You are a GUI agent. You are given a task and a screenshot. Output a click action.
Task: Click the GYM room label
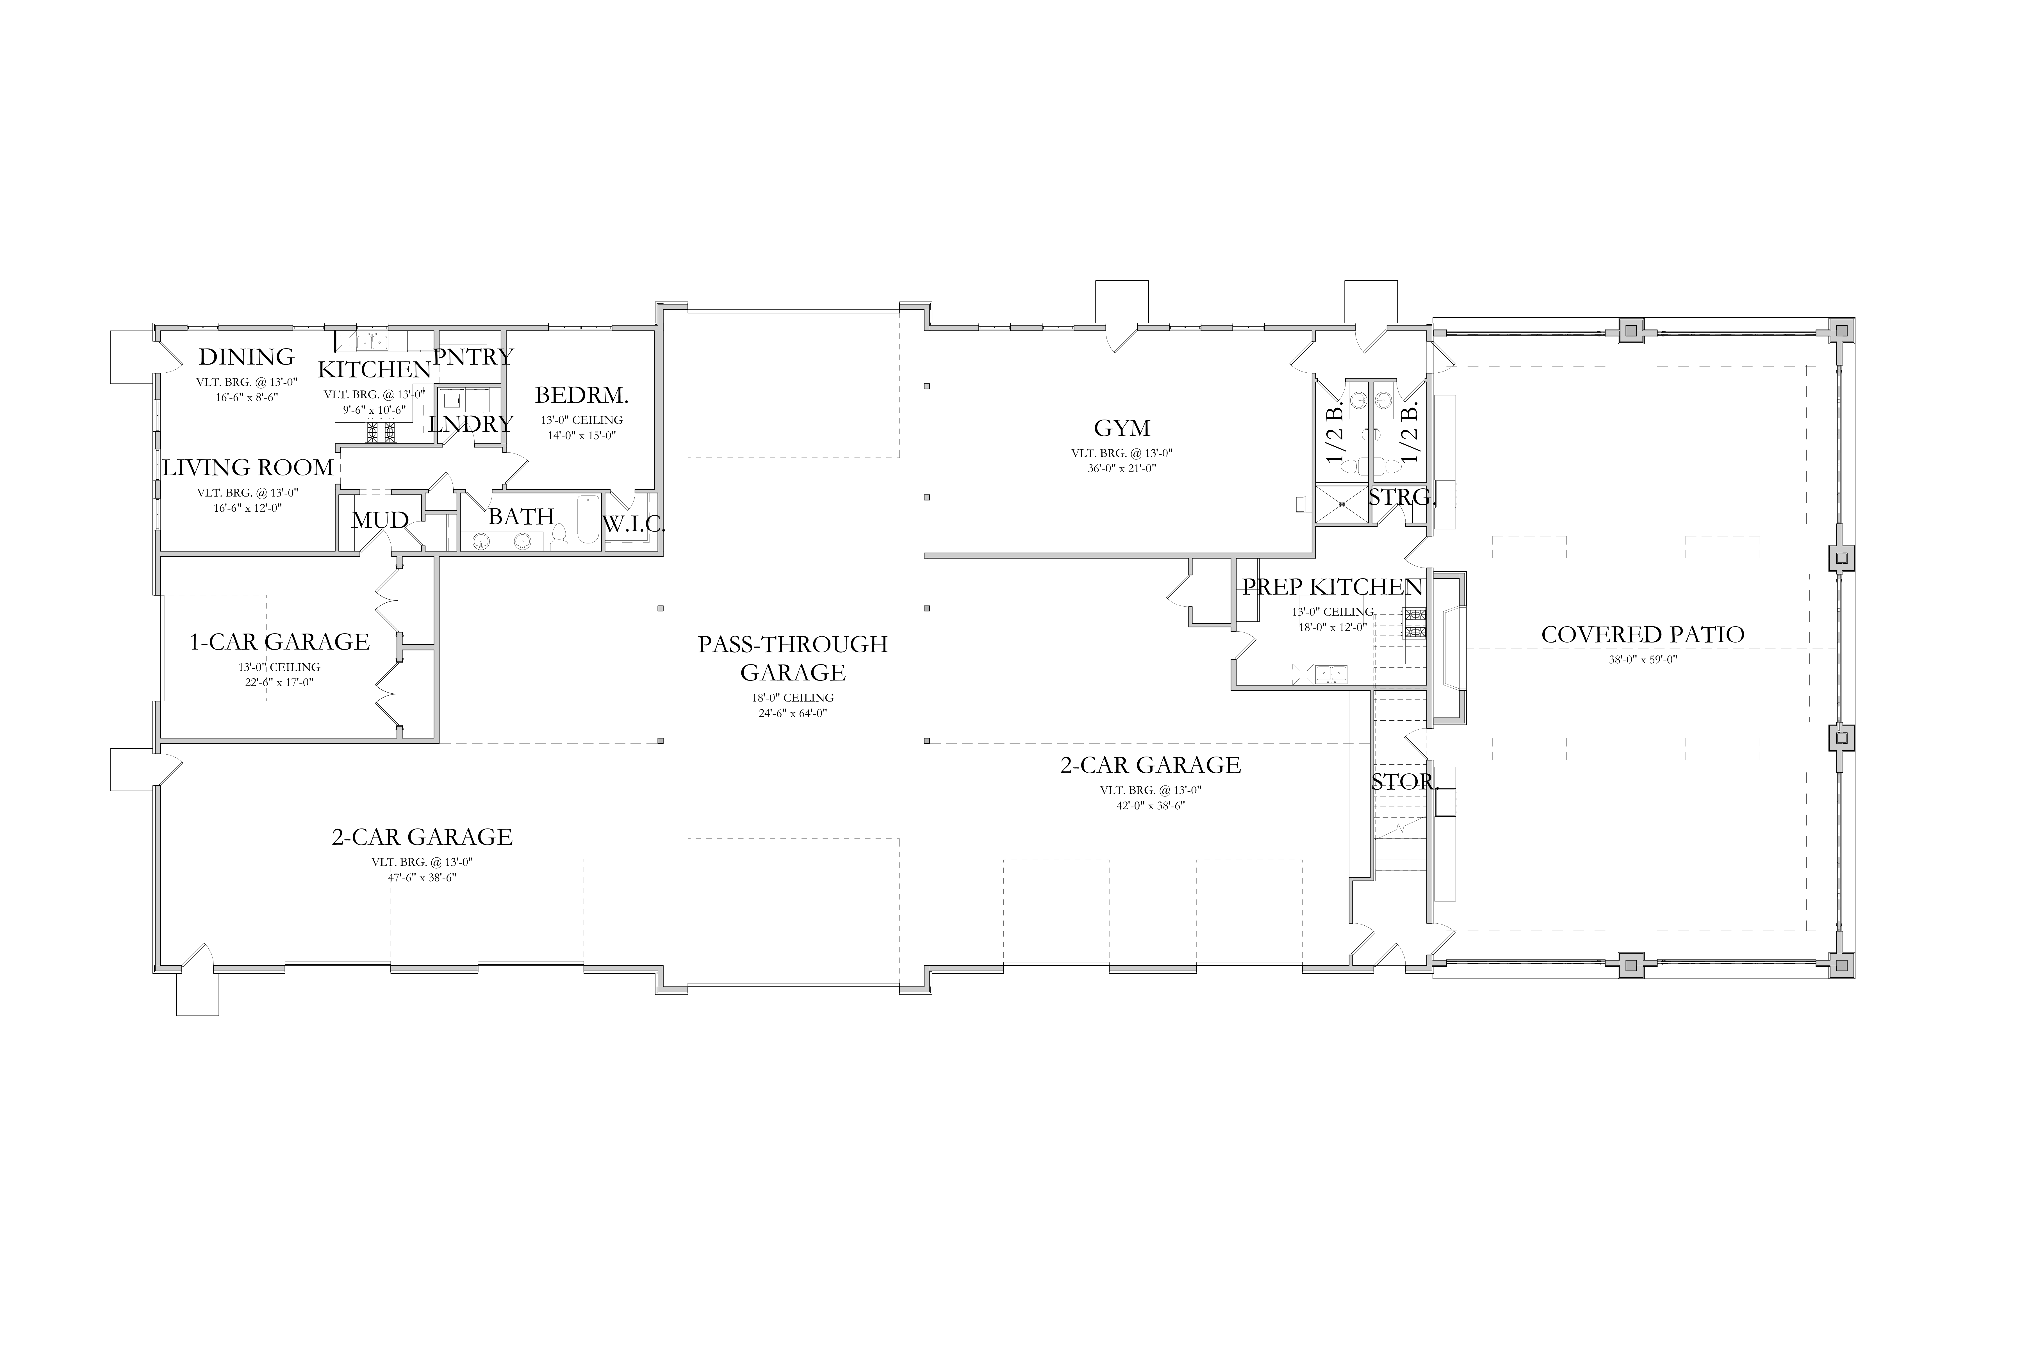click(x=1122, y=428)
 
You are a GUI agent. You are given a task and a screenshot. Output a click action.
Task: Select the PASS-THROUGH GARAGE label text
click(x=793, y=658)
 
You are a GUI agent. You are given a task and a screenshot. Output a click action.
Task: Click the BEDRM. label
click(x=582, y=395)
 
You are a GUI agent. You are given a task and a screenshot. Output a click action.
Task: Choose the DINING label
click(x=247, y=356)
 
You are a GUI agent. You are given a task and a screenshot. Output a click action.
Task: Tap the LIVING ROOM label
click(x=248, y=468)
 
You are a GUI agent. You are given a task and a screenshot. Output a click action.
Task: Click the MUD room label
click(x=380, y=520)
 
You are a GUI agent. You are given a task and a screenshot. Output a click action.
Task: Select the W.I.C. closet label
click(x=634, y=523)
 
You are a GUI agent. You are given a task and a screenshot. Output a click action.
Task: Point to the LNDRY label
click(x=471, y=424)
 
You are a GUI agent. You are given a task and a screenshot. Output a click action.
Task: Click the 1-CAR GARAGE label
click(x=279, y=641)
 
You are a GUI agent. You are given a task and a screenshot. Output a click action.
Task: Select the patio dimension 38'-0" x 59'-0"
click(x=1643, y=660)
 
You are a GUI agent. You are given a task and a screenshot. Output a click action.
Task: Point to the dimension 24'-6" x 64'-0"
click(x=793, y=713)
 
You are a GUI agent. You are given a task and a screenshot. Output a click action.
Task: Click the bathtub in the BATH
click(x=588, y=520)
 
